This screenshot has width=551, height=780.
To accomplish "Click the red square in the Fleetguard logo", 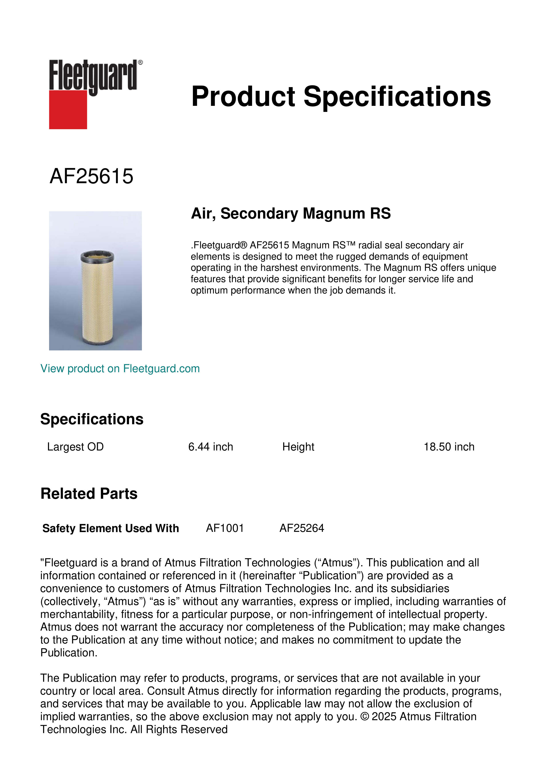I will pyautogui.click(x=68, y=109).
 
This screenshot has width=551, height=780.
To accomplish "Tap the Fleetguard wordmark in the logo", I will pyautogui.click(x=93, y=75).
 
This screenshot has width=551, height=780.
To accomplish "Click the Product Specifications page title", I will pyautogui.click(x=341, y=96).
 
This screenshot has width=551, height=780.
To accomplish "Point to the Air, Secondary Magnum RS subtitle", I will pyautogui.click(x=291, y=213).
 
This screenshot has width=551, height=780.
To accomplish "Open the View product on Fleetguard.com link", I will pyautogui.click(x=120, y=369).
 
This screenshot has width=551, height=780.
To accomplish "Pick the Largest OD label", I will pyautogui.click(x=75, y=447).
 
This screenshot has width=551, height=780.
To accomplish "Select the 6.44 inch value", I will pyautogui.click(x=211, y=447).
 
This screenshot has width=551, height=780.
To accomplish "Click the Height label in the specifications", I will pyautogui.click(x=298, y=447).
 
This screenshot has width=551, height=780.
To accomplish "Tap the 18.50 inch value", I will pyautogui.click(x=449, y=447).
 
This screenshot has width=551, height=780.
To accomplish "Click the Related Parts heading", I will pyautogui.click(x=89, y=494).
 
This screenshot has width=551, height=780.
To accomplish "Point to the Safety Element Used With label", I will pyautogui.click(x=111, y=528).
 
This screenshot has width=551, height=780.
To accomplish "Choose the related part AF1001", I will pyautogui.click(x=225, y=528).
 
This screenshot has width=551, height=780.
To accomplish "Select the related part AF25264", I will pyautogui.click(x=302, y=528).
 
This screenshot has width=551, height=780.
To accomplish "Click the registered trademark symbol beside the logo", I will pyautogui.click(x=140, y=62).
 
